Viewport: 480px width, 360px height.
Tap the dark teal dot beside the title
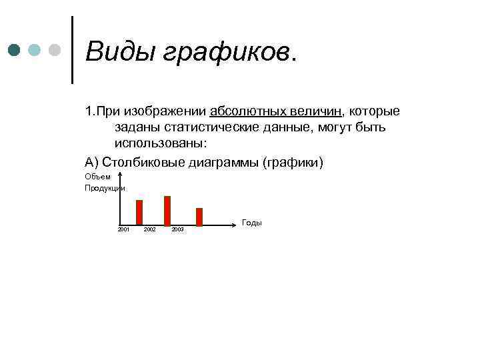point(14,51)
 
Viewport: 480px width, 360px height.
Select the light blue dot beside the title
point(35,51)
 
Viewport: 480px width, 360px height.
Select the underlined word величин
point(313,109)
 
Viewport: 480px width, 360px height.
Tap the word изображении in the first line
point(167,109)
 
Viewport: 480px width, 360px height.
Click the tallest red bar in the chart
point(167,211)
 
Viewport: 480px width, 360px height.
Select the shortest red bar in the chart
point(199,217)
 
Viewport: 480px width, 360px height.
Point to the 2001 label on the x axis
point(123,229)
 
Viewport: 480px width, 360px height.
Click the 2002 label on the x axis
point(150,229)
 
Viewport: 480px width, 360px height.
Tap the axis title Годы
point(252,223)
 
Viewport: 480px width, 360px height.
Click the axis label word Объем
point(97,177)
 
